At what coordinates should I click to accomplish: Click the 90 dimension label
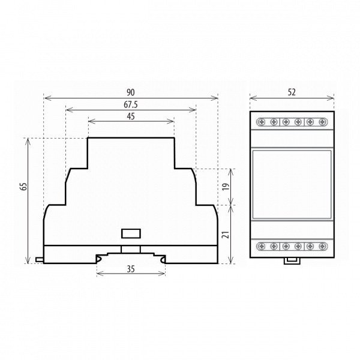click(131, 92)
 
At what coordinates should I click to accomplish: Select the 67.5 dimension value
click(131, 104)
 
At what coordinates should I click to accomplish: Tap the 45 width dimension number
click(131, 116)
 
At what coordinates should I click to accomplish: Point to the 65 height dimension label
click(23, 187)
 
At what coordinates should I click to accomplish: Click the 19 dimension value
click(226, 187)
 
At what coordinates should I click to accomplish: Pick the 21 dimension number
click(226, 235)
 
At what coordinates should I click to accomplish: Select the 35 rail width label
click(131, 269)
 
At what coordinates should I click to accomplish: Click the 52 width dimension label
click(292, 92)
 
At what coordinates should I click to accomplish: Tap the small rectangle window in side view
click(131, 233)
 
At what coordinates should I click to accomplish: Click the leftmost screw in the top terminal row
click(261, 122)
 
